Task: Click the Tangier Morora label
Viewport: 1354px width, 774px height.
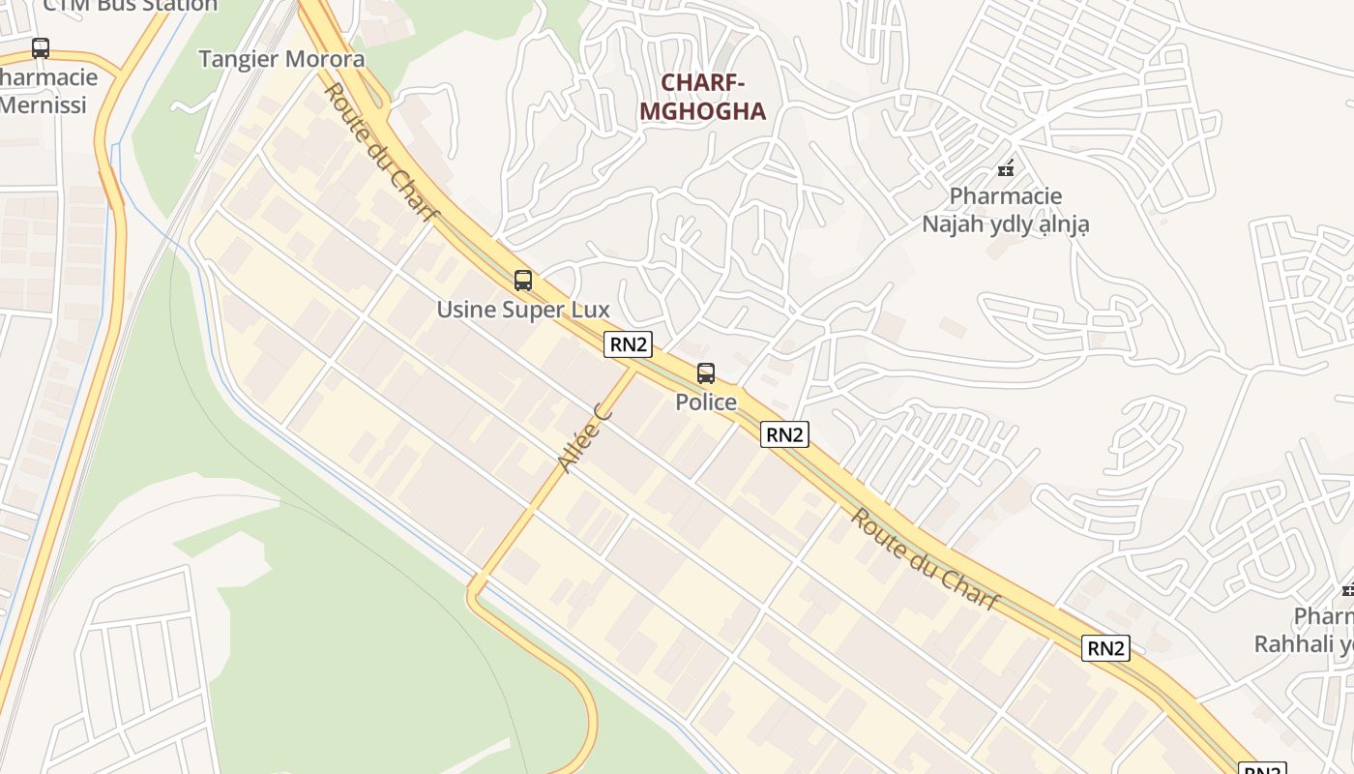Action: pyautogui.click(x=281, y=59)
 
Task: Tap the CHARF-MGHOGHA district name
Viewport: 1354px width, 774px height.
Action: pyautogui.click(x=702, y=97)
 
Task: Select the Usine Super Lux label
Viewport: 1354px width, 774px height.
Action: pyautogui.click(x=523, y=310)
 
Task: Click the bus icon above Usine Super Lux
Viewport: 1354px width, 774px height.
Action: pyautogui.click(x=523, y=281)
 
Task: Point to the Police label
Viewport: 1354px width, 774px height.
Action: pyautogui.click(x=706, y=402)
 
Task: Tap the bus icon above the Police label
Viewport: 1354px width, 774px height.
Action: pyautogui.click(x=706, y=373)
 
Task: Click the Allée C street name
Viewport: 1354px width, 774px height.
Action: pyautogui.click(x=586, y=438)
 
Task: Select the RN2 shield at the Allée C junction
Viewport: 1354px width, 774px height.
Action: pyautogui.click(x=628, y=344)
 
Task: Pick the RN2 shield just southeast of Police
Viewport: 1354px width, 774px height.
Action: pyautogui.click(x=784, y=434)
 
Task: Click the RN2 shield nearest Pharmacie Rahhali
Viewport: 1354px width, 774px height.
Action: pyautogui.click(x=1105, y=648)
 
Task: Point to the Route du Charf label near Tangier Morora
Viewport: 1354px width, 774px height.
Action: pyautogui.click(x=380, y=152)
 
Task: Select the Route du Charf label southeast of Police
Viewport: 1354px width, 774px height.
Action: pyautogui.click(x=924, y=559)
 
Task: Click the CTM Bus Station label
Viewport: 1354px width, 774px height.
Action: pyautogui.click(x=130, y=6)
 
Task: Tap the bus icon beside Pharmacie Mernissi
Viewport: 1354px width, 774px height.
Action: pyautogui.click(x=41, y=47)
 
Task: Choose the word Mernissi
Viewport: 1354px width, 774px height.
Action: pyautogui.click(x=43, y=104)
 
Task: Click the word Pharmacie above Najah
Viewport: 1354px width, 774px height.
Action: pyautogui.click(x=1006, y=196)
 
